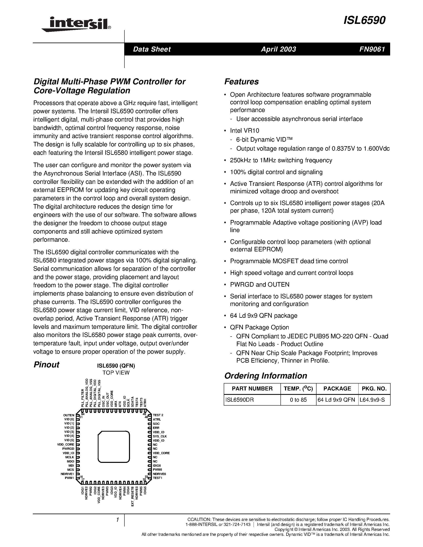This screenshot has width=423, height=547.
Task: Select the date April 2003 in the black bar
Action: pyautogui.click(x=278, y=49)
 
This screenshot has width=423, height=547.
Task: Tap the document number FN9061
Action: pyautogui.click(x=372, y=49)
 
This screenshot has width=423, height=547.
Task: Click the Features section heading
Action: pyautogui.click(x=241, y=82)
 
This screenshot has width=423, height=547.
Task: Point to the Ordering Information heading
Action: pyautogui.click(x=265, y=376)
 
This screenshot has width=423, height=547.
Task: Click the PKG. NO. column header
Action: pyautogui.click(x=374, y=389)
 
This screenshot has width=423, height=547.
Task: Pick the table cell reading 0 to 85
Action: pyautogui.click(x=298, y=400)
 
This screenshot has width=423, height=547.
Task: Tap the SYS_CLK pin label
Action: pyautogui.click(x=160, y=436)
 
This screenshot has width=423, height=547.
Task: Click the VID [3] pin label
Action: pyautogui.click(x=69, y=432)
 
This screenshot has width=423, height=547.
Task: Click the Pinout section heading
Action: pyautogui.click(x=46, y=365)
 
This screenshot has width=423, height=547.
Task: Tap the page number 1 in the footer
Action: pyautogui.click(x=117, y=520)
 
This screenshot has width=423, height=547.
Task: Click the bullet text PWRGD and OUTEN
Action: pyautogui.click(x=260, y=284)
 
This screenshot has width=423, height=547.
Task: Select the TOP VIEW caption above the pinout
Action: pyautogui.click(x=116, y=373)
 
